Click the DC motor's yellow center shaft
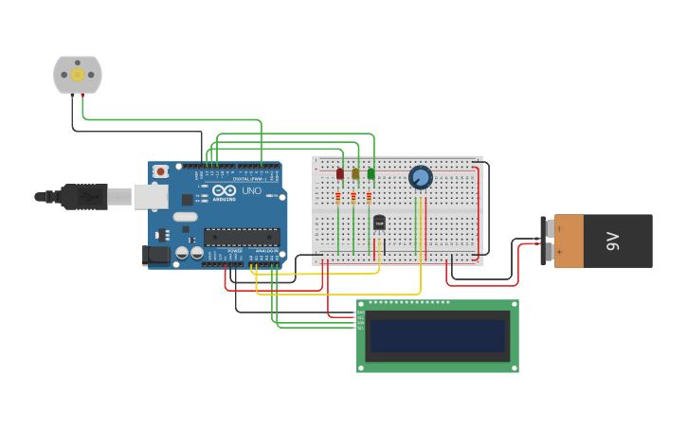tap(77, 75)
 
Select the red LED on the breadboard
tap(339, 173)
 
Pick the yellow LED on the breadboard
tap(355, 173)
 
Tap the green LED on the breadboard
tap(371, 173)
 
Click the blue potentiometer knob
tap(420, 177)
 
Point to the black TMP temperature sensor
tap(379, 223)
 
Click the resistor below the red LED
tap(338, 197)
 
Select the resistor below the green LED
tap(369, 197)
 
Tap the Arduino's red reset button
tap(161, 171)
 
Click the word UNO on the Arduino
tap(251, 190)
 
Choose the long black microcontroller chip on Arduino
tap(242, 237)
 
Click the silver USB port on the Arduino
tap(150, 196)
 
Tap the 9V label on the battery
tap(613, 241)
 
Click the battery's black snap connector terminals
tap(545, 241)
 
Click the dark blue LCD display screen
tap(437, 335)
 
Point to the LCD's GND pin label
tap(360, 312)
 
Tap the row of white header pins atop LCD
tap(409, 303)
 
